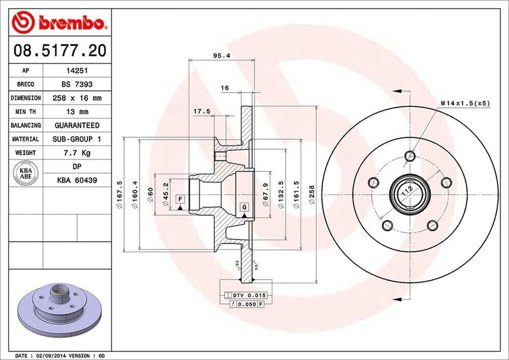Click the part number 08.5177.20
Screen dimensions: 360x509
tap(59, 51)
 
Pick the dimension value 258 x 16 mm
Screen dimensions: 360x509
tap(77, 98)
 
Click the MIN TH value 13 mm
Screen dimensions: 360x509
tap(77, 112)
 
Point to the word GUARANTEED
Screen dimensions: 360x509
tap(77, 125)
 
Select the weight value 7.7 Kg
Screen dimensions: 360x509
tap(77, 153)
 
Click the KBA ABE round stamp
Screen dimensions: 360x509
tap(25, 174)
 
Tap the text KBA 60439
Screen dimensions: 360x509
tap(77, 180)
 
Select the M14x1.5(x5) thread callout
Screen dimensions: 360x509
tap(465, 103)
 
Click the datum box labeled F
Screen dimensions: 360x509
tap(180, 199)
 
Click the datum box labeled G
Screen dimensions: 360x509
tap(245, 206)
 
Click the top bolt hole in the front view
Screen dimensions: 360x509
tap(410, 156)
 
